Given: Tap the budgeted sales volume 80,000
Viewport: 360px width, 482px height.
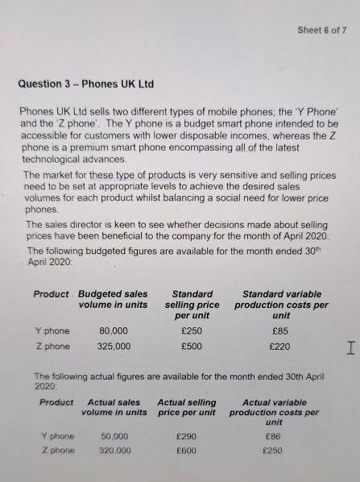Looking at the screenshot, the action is [112, 330].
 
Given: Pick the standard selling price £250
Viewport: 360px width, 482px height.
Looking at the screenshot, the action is [192, 330].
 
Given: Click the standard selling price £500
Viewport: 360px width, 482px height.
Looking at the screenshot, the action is [192, 347].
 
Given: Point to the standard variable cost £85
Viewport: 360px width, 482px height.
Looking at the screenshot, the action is [281, 330].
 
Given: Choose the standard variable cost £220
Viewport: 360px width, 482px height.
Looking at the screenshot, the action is [281, 347].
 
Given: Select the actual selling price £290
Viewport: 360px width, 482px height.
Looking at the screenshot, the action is [187, 436].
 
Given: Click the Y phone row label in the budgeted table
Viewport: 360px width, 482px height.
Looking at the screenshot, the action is [52, 330].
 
